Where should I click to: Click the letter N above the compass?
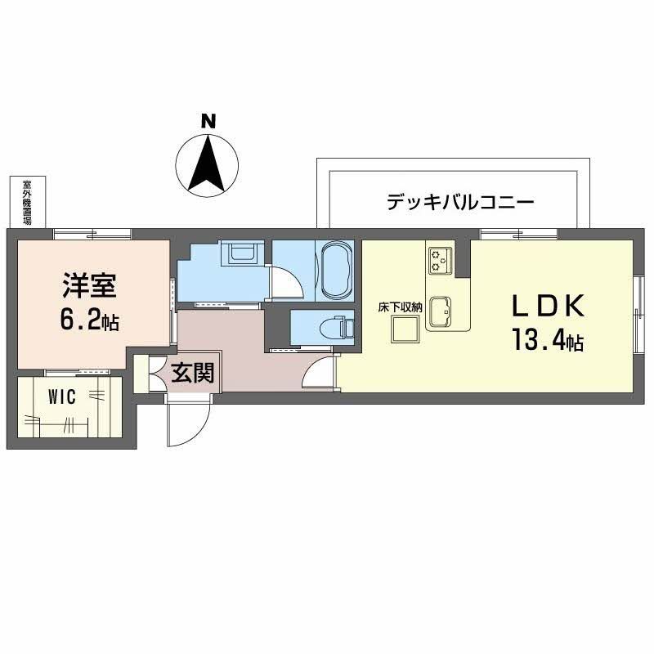point(209,120)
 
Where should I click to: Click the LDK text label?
point(547,305)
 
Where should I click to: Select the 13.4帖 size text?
point(547,339)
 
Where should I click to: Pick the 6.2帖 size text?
point(91,320)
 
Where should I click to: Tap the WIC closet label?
point(62,399)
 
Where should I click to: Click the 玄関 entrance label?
point(193,374)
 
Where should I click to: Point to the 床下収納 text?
point(400,307)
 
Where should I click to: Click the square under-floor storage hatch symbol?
point(405,329)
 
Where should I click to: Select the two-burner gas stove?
point(438,260)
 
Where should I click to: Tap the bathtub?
point(335,270)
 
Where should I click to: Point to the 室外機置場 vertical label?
point(27,203)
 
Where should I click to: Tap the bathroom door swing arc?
point(286,282)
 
